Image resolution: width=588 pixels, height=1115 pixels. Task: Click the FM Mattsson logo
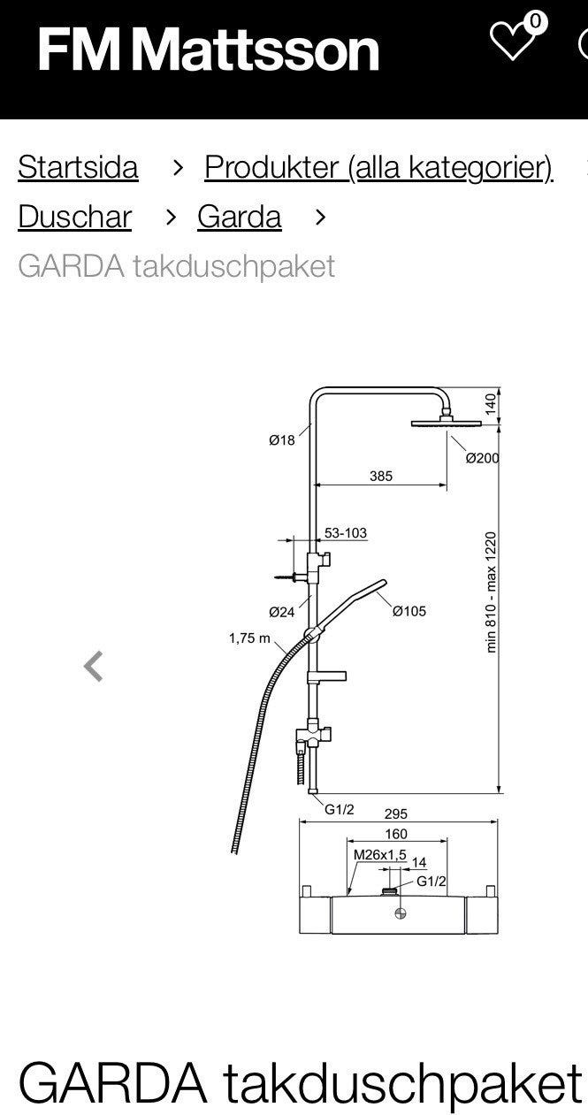[x=208, y=50]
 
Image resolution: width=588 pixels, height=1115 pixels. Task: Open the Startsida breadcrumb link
[x=78, y=167]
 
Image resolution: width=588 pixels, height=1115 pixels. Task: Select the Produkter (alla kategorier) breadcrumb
[x=379, y=167]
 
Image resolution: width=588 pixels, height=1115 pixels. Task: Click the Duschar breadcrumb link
[x=74, y=217]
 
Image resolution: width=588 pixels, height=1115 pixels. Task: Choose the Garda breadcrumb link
[x=240, y=217]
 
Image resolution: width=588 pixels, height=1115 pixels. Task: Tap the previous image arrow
[x=94, y=666]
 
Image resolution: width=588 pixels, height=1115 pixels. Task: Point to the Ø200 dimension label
[x=482, y=458]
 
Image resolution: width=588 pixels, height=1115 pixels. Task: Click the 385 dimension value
[x=381, y=477]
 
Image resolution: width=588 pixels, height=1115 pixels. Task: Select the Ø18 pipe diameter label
[x=282, y=440]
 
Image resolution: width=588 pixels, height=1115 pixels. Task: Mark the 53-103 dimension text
[x=346, y=533]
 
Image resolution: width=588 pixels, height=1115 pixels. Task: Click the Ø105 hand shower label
[x=409, y=611]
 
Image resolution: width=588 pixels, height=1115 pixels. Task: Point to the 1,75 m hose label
[x=249, y=638]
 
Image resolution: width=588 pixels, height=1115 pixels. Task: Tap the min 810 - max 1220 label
[x=491, y=592]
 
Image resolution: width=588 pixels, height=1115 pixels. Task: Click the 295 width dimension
[x=396, y=813]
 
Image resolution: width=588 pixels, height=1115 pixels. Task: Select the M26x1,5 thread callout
[x=380, y=855]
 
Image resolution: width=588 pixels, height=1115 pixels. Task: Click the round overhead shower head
[x=447, y=424]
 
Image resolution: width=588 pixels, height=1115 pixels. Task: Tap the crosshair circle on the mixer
[x=401, y=913]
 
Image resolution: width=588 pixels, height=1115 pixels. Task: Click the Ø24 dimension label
[x=282, y=612]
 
